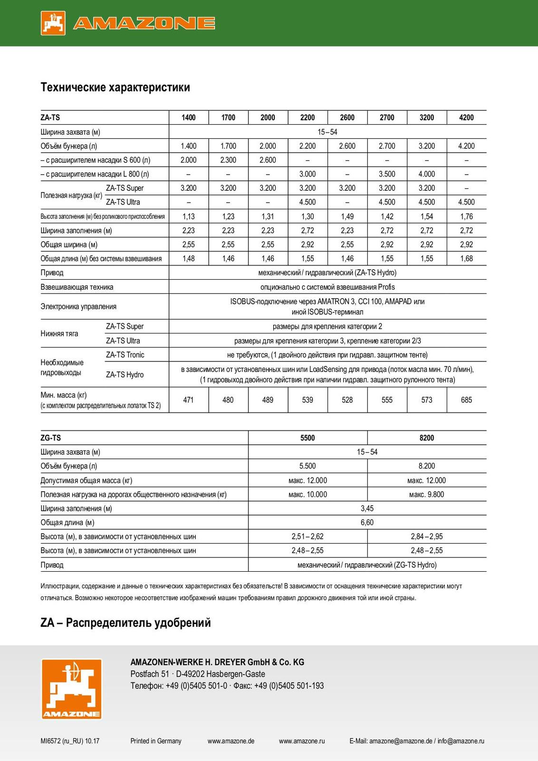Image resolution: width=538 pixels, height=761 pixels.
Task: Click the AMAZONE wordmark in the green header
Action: tap(144, 23)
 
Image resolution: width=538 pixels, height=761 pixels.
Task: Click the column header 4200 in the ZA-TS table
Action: tap(466, 117)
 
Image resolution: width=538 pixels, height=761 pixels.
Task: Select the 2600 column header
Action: tap(347, 117)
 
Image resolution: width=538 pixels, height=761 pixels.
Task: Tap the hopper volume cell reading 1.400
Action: tap(189, 146)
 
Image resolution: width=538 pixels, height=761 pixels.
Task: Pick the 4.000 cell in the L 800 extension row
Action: tap(426, 174)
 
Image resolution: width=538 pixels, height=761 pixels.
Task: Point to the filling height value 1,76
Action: tap(466, 216)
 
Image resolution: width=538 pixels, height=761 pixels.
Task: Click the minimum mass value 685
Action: tap(466, 400)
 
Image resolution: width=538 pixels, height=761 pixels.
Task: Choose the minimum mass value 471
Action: tap(189, 400)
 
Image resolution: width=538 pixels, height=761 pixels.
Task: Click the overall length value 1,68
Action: tap(466, 259)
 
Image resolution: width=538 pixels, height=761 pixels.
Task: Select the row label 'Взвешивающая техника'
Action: tap(77, 287)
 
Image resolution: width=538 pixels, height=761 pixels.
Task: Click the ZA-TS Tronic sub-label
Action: tap(125, 355)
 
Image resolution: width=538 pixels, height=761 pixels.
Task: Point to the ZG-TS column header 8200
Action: tap(426, 438)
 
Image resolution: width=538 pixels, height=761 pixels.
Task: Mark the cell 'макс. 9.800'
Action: tap(426, 495)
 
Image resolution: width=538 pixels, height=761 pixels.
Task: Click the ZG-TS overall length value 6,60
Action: tap(367, 523)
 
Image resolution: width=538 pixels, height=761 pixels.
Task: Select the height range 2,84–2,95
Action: tap(426, 537)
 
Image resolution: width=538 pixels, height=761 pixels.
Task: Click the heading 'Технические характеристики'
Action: tap(115, 88)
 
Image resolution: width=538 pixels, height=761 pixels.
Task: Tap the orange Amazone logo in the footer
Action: tap(71, 689)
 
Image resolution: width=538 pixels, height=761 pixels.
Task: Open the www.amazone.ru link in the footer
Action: tap(302, 741)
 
